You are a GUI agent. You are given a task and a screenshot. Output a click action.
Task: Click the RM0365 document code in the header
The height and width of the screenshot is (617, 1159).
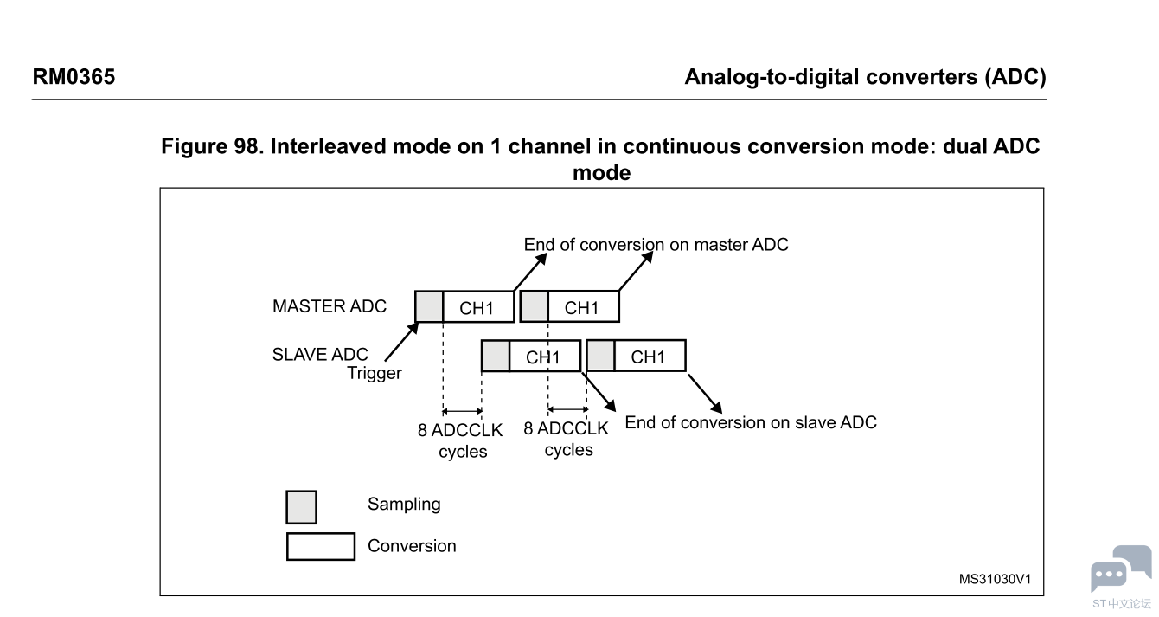click(74, 77)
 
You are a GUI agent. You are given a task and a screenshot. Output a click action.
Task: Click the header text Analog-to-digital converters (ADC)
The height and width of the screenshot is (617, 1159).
click(865, 77)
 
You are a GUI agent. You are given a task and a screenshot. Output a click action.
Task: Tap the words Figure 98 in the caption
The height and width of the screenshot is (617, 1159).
click(211, 146)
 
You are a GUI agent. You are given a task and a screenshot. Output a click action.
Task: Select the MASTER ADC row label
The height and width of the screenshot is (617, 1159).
click(330, 306)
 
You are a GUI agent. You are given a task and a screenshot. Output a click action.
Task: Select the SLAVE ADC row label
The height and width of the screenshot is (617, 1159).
click(320, 355)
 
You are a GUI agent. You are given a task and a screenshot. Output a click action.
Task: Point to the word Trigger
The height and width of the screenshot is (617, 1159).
click(375, 374)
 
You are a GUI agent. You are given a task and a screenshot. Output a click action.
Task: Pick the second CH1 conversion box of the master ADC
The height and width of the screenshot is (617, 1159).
click(583, 307)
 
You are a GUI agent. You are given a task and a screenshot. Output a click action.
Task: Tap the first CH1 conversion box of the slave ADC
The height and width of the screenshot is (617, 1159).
click(544, 357)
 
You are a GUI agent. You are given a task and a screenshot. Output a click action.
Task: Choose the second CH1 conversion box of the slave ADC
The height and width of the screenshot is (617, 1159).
click(649, 357)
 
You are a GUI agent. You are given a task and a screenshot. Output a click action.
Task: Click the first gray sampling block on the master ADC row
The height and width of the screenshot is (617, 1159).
click(429, 306)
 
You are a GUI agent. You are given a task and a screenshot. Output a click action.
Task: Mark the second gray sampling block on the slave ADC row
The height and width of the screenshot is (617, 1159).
click(600, 356)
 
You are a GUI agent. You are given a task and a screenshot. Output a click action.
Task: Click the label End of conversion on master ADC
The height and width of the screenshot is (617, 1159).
click(656, 245)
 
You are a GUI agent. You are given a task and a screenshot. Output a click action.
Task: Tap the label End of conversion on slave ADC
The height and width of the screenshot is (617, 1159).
click(751, 422)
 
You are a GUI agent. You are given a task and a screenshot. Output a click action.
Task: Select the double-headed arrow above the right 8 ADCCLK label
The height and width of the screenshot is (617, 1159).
click(567, 409)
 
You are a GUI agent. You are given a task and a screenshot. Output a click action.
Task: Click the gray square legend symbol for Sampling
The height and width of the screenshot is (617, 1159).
click(301, 507)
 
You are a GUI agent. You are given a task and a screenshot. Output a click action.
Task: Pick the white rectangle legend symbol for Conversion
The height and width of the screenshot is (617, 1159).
click(320, 546)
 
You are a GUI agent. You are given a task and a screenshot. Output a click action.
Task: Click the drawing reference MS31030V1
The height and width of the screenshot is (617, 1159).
click(994, 579)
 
